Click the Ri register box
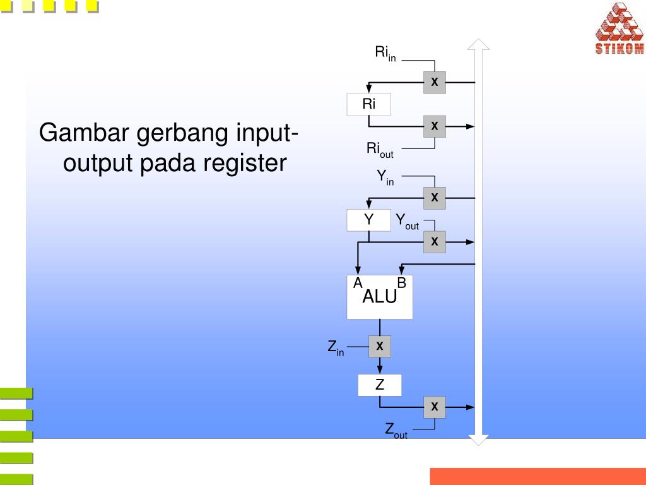coord(368,104)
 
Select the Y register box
coord(368,220)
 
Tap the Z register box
coord(379,385)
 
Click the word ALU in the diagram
coord(379,296)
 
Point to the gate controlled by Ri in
coord(435,82)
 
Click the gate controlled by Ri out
coord(435,126)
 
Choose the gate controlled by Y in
coord(435,198)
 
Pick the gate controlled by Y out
coord(435,242)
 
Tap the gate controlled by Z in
coord(379,347)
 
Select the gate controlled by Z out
coord(435,407)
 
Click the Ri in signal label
coord(385,54)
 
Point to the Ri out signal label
coord(380,150)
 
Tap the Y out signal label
coord(407,222)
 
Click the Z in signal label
coord(336,348)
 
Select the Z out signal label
coord(396,431)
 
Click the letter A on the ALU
coord(358,283)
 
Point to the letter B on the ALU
coord(402,283)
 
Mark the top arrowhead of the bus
coord(478,45)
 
